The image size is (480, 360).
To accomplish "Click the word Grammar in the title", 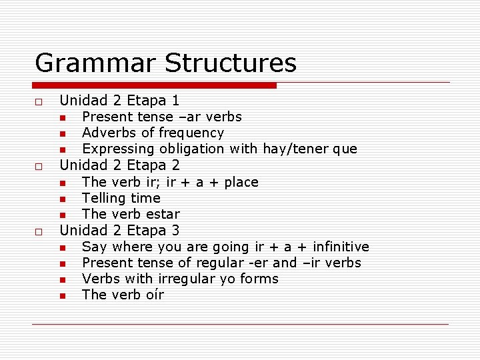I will pyautogui.click(x=95, y=63).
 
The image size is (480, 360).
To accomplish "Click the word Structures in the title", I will pyautogui.click(x=230, y=63).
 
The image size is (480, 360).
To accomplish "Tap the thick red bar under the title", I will pyautogui.click(x=154, y=85).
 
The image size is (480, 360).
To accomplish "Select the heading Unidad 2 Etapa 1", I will pyautogui.click(x=119, y=101).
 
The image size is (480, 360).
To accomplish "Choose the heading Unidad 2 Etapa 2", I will pyautogui.click(x=119, y=165).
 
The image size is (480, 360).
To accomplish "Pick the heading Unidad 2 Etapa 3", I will pyautogui.click(x=119, y=231).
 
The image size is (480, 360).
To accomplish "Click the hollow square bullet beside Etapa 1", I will pyautogui.click(x=39, y=102).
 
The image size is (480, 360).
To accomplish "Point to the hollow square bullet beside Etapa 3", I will pyautogui.click(x=39, y=232).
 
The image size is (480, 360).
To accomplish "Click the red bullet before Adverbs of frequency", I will pyautogui.click(x=62, y=134).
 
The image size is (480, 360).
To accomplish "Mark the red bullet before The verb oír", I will pyautogui.click(x=62, y=296).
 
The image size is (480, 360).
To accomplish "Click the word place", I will pyautogui.click(x=241, y=182).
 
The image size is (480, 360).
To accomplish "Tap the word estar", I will pyautogui.click(x=163, y=214).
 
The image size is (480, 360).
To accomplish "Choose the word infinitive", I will pyautogui.click(x=337, y=247).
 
